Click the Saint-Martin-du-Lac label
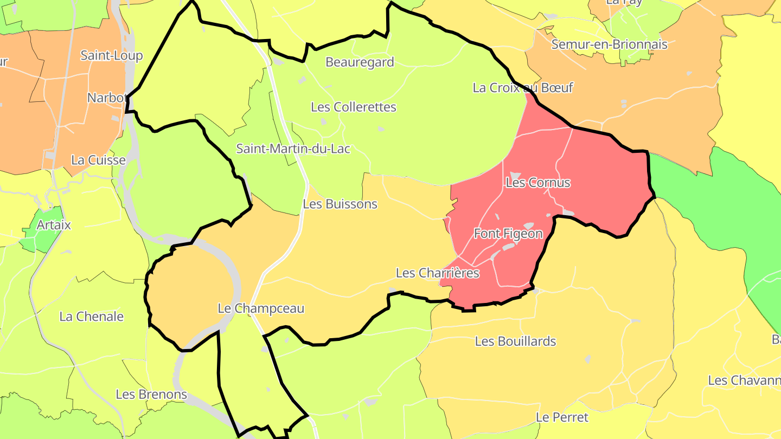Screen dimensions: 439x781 [x=293, y=149]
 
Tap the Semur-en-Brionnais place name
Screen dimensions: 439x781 [x=609, y=44]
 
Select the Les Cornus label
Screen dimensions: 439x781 [x=537, y=183]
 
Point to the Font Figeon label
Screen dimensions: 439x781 [x=508, y=234]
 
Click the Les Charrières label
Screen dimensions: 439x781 [x=437, y=273]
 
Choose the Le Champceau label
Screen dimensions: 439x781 [x=261, y=308]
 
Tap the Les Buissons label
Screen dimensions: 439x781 [x=340, y=204]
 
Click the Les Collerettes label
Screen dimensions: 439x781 [x=353, y=107]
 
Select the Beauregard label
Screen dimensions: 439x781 [x=360, y=62]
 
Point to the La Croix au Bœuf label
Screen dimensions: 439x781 [x=522, y=88]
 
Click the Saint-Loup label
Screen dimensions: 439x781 [x=111, y=55]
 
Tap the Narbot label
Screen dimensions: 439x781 [x=107, y=98]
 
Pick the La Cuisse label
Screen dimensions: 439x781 [x=98, y=160]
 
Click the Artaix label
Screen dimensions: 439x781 [x=54, y=224]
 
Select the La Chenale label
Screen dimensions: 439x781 [x=91, y=317]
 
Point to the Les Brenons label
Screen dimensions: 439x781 [x=151, y=394]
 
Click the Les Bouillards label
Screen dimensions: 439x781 [x=515, y=341]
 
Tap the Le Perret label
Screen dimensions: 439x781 [x=562, y=417]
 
